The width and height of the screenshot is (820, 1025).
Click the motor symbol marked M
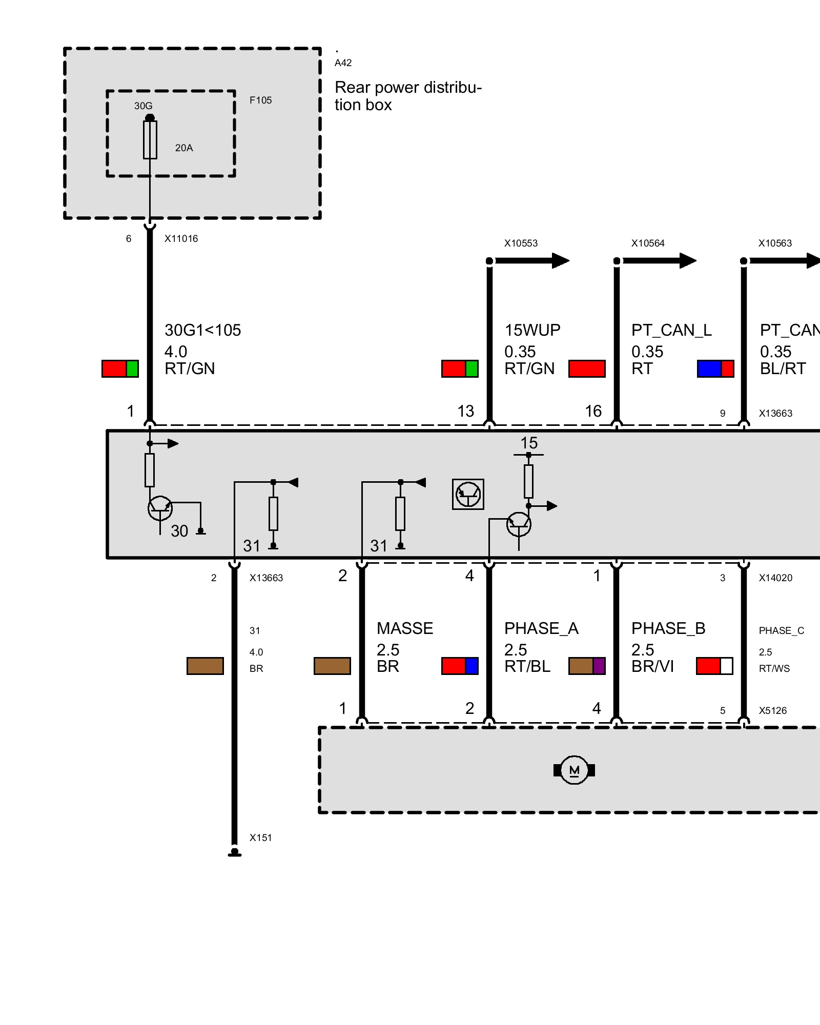[574, 770]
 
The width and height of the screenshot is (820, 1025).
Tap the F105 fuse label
[260, 100]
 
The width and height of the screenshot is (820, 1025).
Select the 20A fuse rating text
[184, 148]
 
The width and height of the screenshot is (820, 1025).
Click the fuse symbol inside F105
[150, 139]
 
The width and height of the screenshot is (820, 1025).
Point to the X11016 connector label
[181, 238]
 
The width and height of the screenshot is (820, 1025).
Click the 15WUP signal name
[532, 330]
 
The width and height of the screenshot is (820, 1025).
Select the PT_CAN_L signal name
[671, 330]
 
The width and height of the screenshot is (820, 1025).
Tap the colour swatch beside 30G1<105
[120, 368]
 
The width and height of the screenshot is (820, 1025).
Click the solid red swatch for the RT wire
[587, 368]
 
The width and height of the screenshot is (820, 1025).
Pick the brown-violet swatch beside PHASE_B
[587, 666]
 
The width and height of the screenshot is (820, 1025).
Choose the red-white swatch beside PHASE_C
[714, 666]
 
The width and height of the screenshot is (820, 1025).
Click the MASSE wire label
[405, 628]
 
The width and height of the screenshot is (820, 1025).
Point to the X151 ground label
[260, 838]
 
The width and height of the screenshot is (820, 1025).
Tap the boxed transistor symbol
[468, 494]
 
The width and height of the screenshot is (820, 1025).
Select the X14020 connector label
[775, 578]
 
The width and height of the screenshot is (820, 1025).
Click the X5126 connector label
[772, 711]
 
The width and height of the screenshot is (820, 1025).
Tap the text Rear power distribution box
[408, 96]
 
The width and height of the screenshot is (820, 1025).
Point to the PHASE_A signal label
[541, 628]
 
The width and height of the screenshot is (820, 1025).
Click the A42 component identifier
[343, 63]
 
